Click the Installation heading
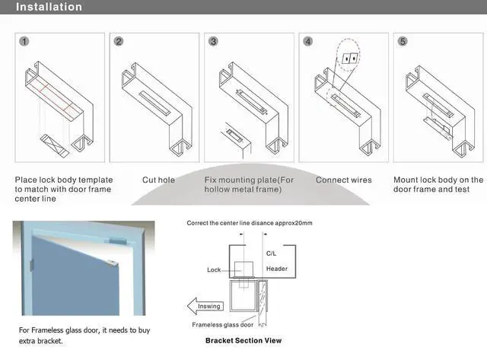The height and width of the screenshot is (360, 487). point(49,8)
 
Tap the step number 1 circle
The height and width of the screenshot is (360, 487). point(25,42)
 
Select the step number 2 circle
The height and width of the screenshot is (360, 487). point(119,42)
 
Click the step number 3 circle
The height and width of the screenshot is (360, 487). point(213,42)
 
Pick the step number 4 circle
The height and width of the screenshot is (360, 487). point(307,42)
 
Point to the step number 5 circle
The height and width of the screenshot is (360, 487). point(402,42)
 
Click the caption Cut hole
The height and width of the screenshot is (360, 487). point(158,180)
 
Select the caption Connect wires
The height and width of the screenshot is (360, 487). point(344,180)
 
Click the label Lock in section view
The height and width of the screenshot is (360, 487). point(214,269)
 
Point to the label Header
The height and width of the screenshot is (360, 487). point(277,269)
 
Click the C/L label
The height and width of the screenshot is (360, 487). point(272,253)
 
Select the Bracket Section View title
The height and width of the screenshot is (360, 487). point(243,340)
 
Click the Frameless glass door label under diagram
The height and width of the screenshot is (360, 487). point(223,324)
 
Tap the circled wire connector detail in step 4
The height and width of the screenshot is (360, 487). point(349,58)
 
